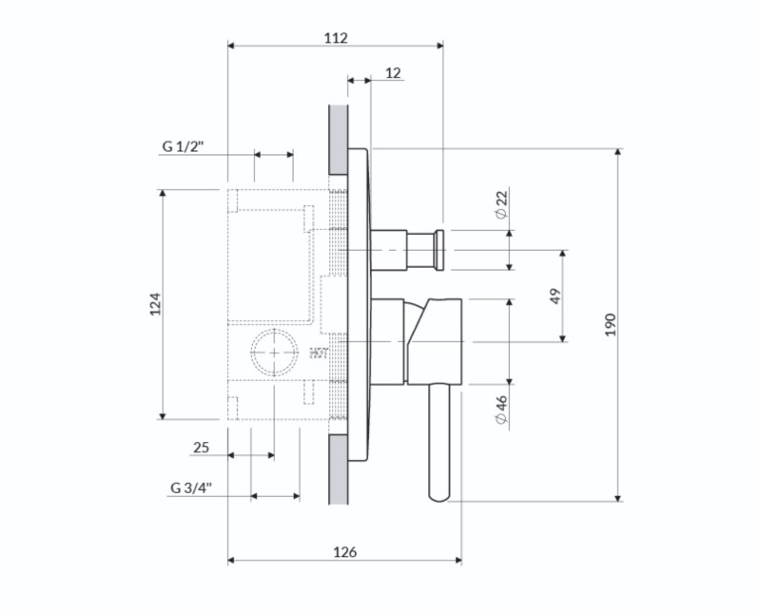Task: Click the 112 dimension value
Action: pos(336,38)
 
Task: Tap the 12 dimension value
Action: pos(393,73)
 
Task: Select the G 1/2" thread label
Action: pos(183,146)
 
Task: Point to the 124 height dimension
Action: pos(155,304)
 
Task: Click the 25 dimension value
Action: pos(201,447)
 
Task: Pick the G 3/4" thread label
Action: pos(191,488)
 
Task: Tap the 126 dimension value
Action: pos(344,552)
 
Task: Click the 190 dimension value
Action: pos(611,325)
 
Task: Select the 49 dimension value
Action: pos(556,296)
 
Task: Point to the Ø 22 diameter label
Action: pos(502,203)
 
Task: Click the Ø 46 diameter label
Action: pos(502,411)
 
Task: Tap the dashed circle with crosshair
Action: pos(274,353)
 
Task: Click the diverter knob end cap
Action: pos(439,250)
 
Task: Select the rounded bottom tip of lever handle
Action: pos(439,498)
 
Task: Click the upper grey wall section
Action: pos(339,140)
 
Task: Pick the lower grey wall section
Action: pos(339,469)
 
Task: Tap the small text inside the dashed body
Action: pos(319,354)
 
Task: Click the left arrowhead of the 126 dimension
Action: pos(231,561)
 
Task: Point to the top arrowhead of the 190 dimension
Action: pos(617,152)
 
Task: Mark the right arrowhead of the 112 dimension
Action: pos(439,46)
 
